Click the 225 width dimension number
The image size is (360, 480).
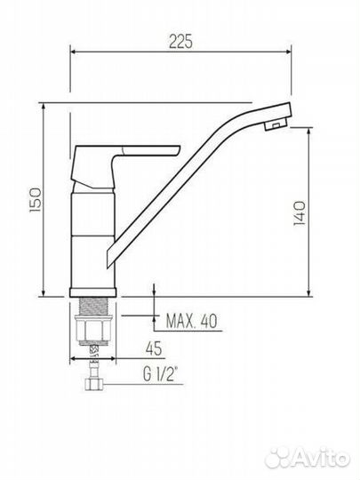coord(180,41)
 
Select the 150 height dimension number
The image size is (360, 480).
coord(36,200)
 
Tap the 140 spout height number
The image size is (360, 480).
coord(300,213)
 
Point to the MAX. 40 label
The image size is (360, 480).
coord(192,321)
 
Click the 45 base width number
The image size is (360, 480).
coord(154,348)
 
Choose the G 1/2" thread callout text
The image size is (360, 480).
coord(160,374)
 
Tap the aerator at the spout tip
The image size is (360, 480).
coord(276,125)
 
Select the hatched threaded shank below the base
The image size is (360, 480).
coord(93,307)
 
